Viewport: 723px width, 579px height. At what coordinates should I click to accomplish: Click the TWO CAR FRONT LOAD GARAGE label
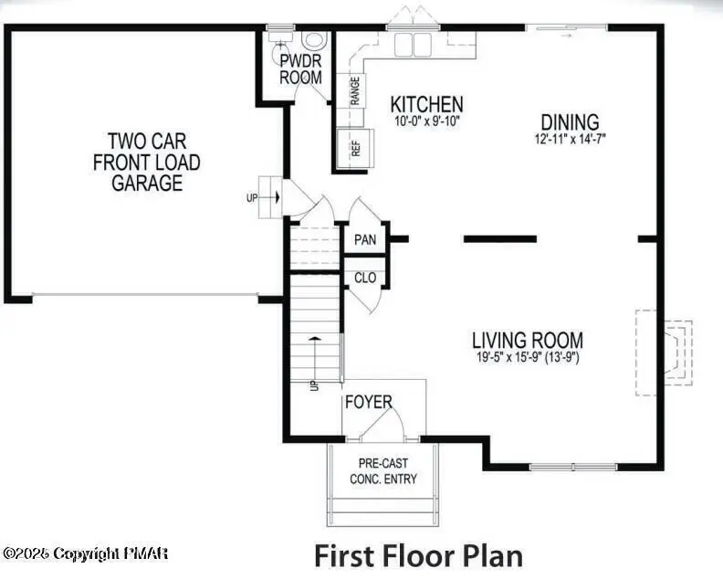147,163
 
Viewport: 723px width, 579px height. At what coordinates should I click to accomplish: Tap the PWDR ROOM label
300,69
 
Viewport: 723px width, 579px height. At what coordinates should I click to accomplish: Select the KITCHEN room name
426,104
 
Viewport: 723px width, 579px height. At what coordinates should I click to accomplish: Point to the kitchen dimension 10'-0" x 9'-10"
426,121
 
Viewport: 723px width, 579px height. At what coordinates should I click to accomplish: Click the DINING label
570,121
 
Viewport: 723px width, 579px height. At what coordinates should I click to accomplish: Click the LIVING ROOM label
527,341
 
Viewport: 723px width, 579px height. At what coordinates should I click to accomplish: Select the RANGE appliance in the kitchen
354,90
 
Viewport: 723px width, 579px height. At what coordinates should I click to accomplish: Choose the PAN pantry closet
365,239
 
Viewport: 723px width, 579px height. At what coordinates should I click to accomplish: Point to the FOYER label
368,402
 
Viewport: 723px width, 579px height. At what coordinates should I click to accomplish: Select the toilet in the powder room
314,41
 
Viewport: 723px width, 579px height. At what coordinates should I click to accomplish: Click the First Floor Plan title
419,554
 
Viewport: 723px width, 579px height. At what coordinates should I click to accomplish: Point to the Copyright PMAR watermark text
86,553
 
